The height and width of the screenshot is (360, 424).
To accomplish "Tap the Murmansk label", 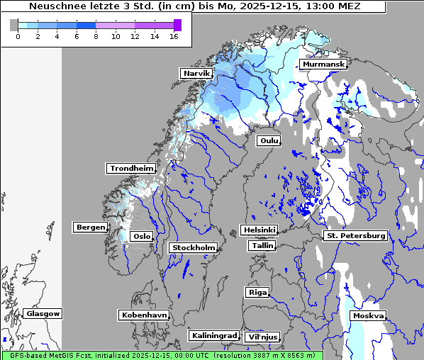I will (x=323, y=64).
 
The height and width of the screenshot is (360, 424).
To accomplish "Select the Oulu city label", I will (x=269, y=140).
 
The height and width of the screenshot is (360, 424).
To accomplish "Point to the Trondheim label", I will (x=131, y=168).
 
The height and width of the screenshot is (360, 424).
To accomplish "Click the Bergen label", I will (x=89, y=227).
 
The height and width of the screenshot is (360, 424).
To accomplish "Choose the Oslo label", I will (x=142, y=236).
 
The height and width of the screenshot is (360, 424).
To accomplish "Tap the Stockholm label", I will (x=193, y=247).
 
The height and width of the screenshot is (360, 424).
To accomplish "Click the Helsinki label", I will (x=259, y=230).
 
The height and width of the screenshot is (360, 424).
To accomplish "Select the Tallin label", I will (x=262, y=245).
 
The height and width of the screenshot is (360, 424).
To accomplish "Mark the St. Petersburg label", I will (x=355, y=235).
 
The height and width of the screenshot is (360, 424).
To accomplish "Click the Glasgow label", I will (x=43, y=313).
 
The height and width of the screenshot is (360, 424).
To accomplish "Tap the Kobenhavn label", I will (x=144, y=315).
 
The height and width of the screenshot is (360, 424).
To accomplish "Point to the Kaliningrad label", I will (x=213, y=335).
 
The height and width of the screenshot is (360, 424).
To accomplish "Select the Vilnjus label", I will (x=262, y=337).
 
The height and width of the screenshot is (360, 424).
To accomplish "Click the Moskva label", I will (x=369, y=315).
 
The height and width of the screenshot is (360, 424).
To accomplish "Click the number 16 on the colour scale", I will (x=174, y=36).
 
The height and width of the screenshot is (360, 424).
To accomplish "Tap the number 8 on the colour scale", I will (x=95, y=36).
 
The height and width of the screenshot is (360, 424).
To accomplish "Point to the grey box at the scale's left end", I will (x=14, y=25).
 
